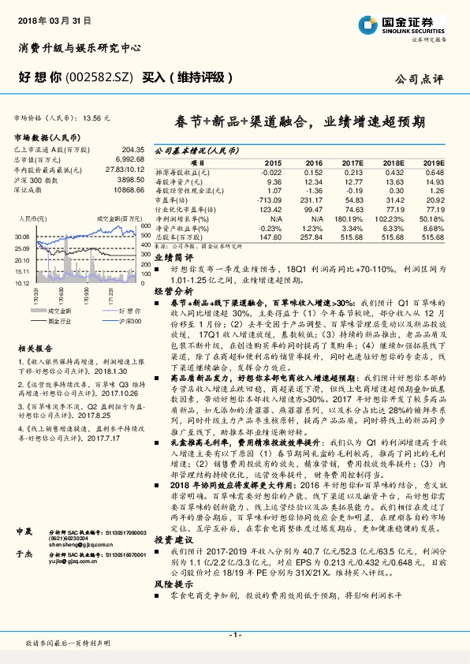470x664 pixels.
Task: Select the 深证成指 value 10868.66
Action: [125, 190]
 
